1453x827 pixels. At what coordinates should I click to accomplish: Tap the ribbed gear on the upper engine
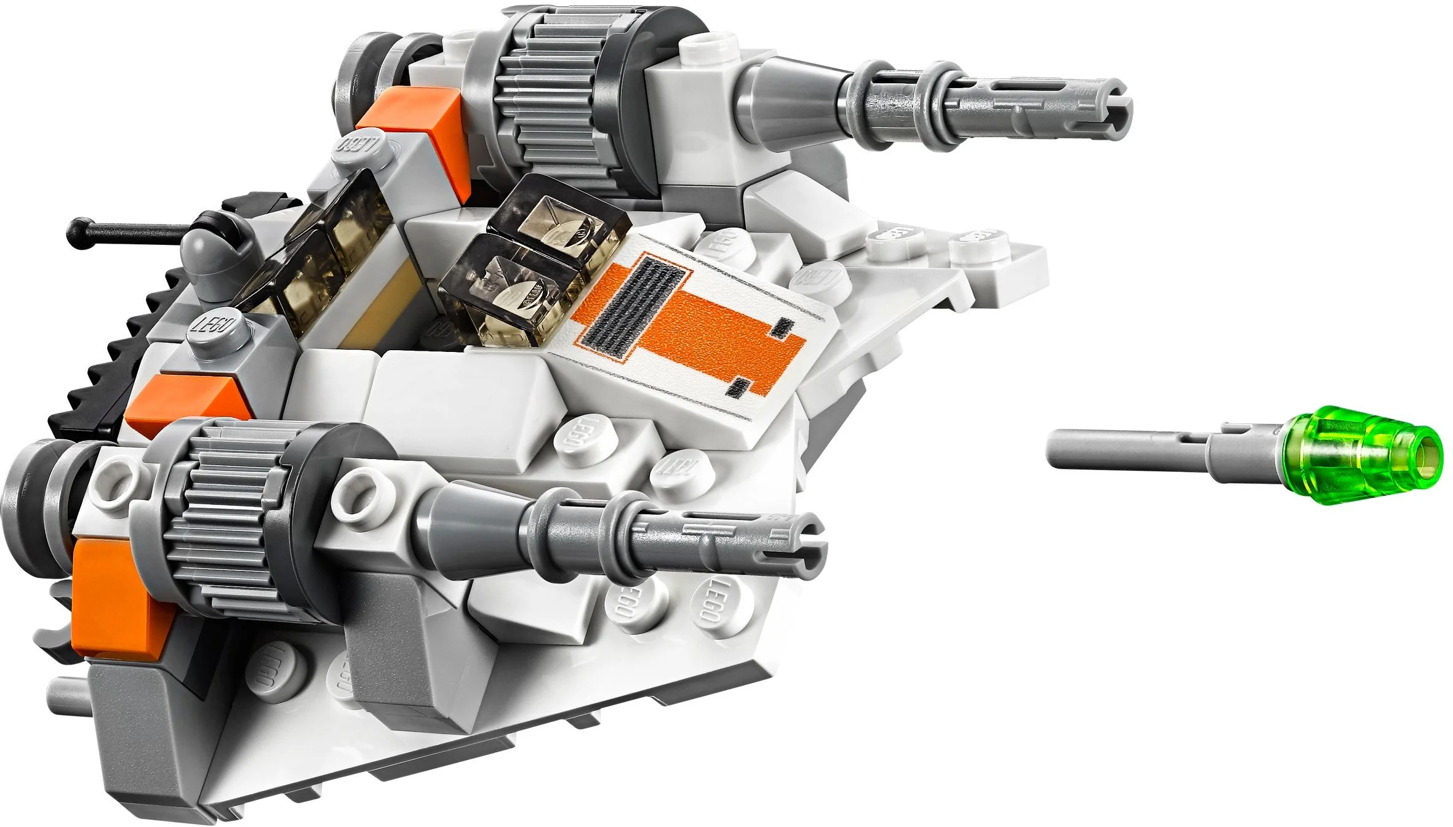click(542, 92)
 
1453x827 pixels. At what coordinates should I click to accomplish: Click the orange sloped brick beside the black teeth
click(185, 400)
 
